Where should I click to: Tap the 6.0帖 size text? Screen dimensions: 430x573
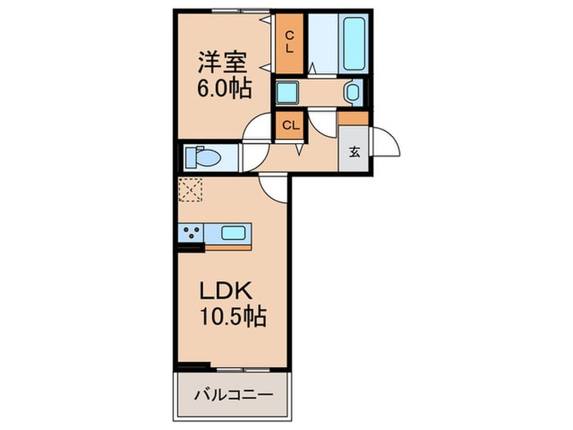pyautogui.click(x=222, y=88)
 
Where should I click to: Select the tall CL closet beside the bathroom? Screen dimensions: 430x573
pyautogui.click(x=289, y=42)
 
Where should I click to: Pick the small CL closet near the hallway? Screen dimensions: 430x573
pyautogui.click(x=289, y=125)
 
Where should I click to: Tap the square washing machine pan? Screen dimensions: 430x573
pyautogui.click(x=286, y=92)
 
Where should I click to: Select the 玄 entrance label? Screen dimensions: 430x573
pyautogui.click(x=354, y=152)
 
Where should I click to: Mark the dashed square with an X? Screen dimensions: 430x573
pyautogui.click(x=190, y=191)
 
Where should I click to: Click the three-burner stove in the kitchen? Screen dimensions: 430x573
pyautogui.click(x=191, y=233)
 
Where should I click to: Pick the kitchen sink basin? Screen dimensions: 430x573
pyautogui.click(x=233, y=233)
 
